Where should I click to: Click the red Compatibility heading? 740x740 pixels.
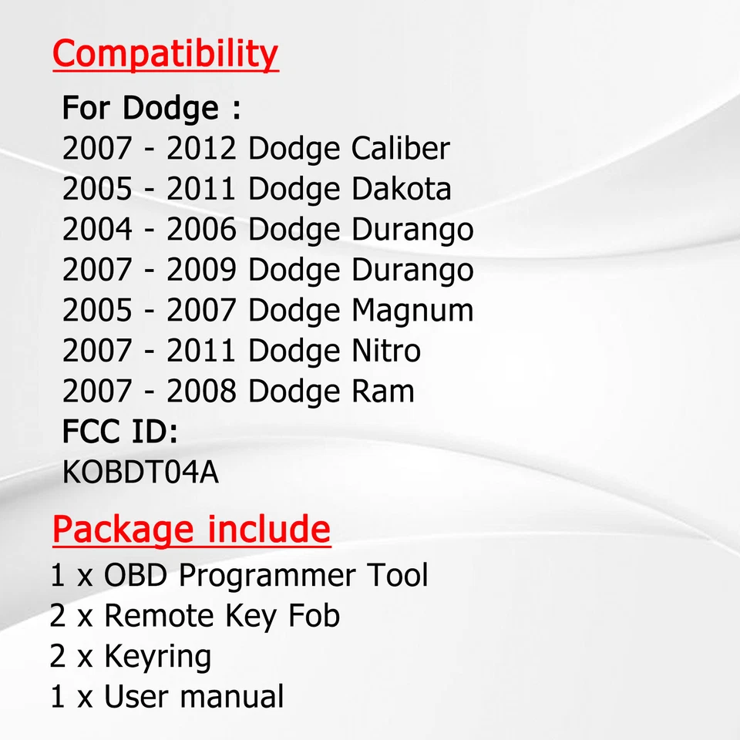(x=165, y=55)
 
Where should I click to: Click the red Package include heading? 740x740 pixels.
(x=191, y=530)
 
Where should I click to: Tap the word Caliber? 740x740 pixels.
(x=400, y=149)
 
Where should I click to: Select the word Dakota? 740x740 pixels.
(x=401, y=189)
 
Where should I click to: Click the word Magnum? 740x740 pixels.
(x=412, y=310)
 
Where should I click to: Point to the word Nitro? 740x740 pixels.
(x=386, y=351)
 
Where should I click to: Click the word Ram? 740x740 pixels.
(x=383, y=392)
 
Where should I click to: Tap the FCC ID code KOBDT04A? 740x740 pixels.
(x=140, y=473)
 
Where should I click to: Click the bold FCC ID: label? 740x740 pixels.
(x=119, y=432)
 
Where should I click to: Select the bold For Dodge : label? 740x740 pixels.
(x=151, y=108)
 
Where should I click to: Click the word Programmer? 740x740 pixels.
(x=267, y=576)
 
